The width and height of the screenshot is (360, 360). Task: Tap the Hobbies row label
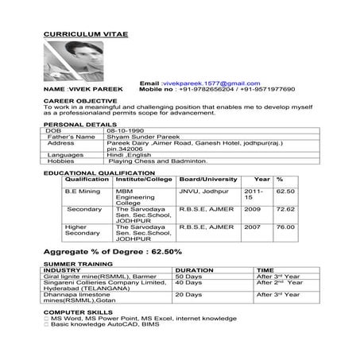click(x=64, y=161)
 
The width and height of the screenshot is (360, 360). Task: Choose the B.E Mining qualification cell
click(x=83, y=192)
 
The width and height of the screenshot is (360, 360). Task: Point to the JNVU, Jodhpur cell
click(x=203, y=192)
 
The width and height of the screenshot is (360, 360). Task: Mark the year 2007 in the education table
click(x=252, y=226)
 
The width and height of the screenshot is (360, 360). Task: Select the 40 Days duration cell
click(x=188, y=282)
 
